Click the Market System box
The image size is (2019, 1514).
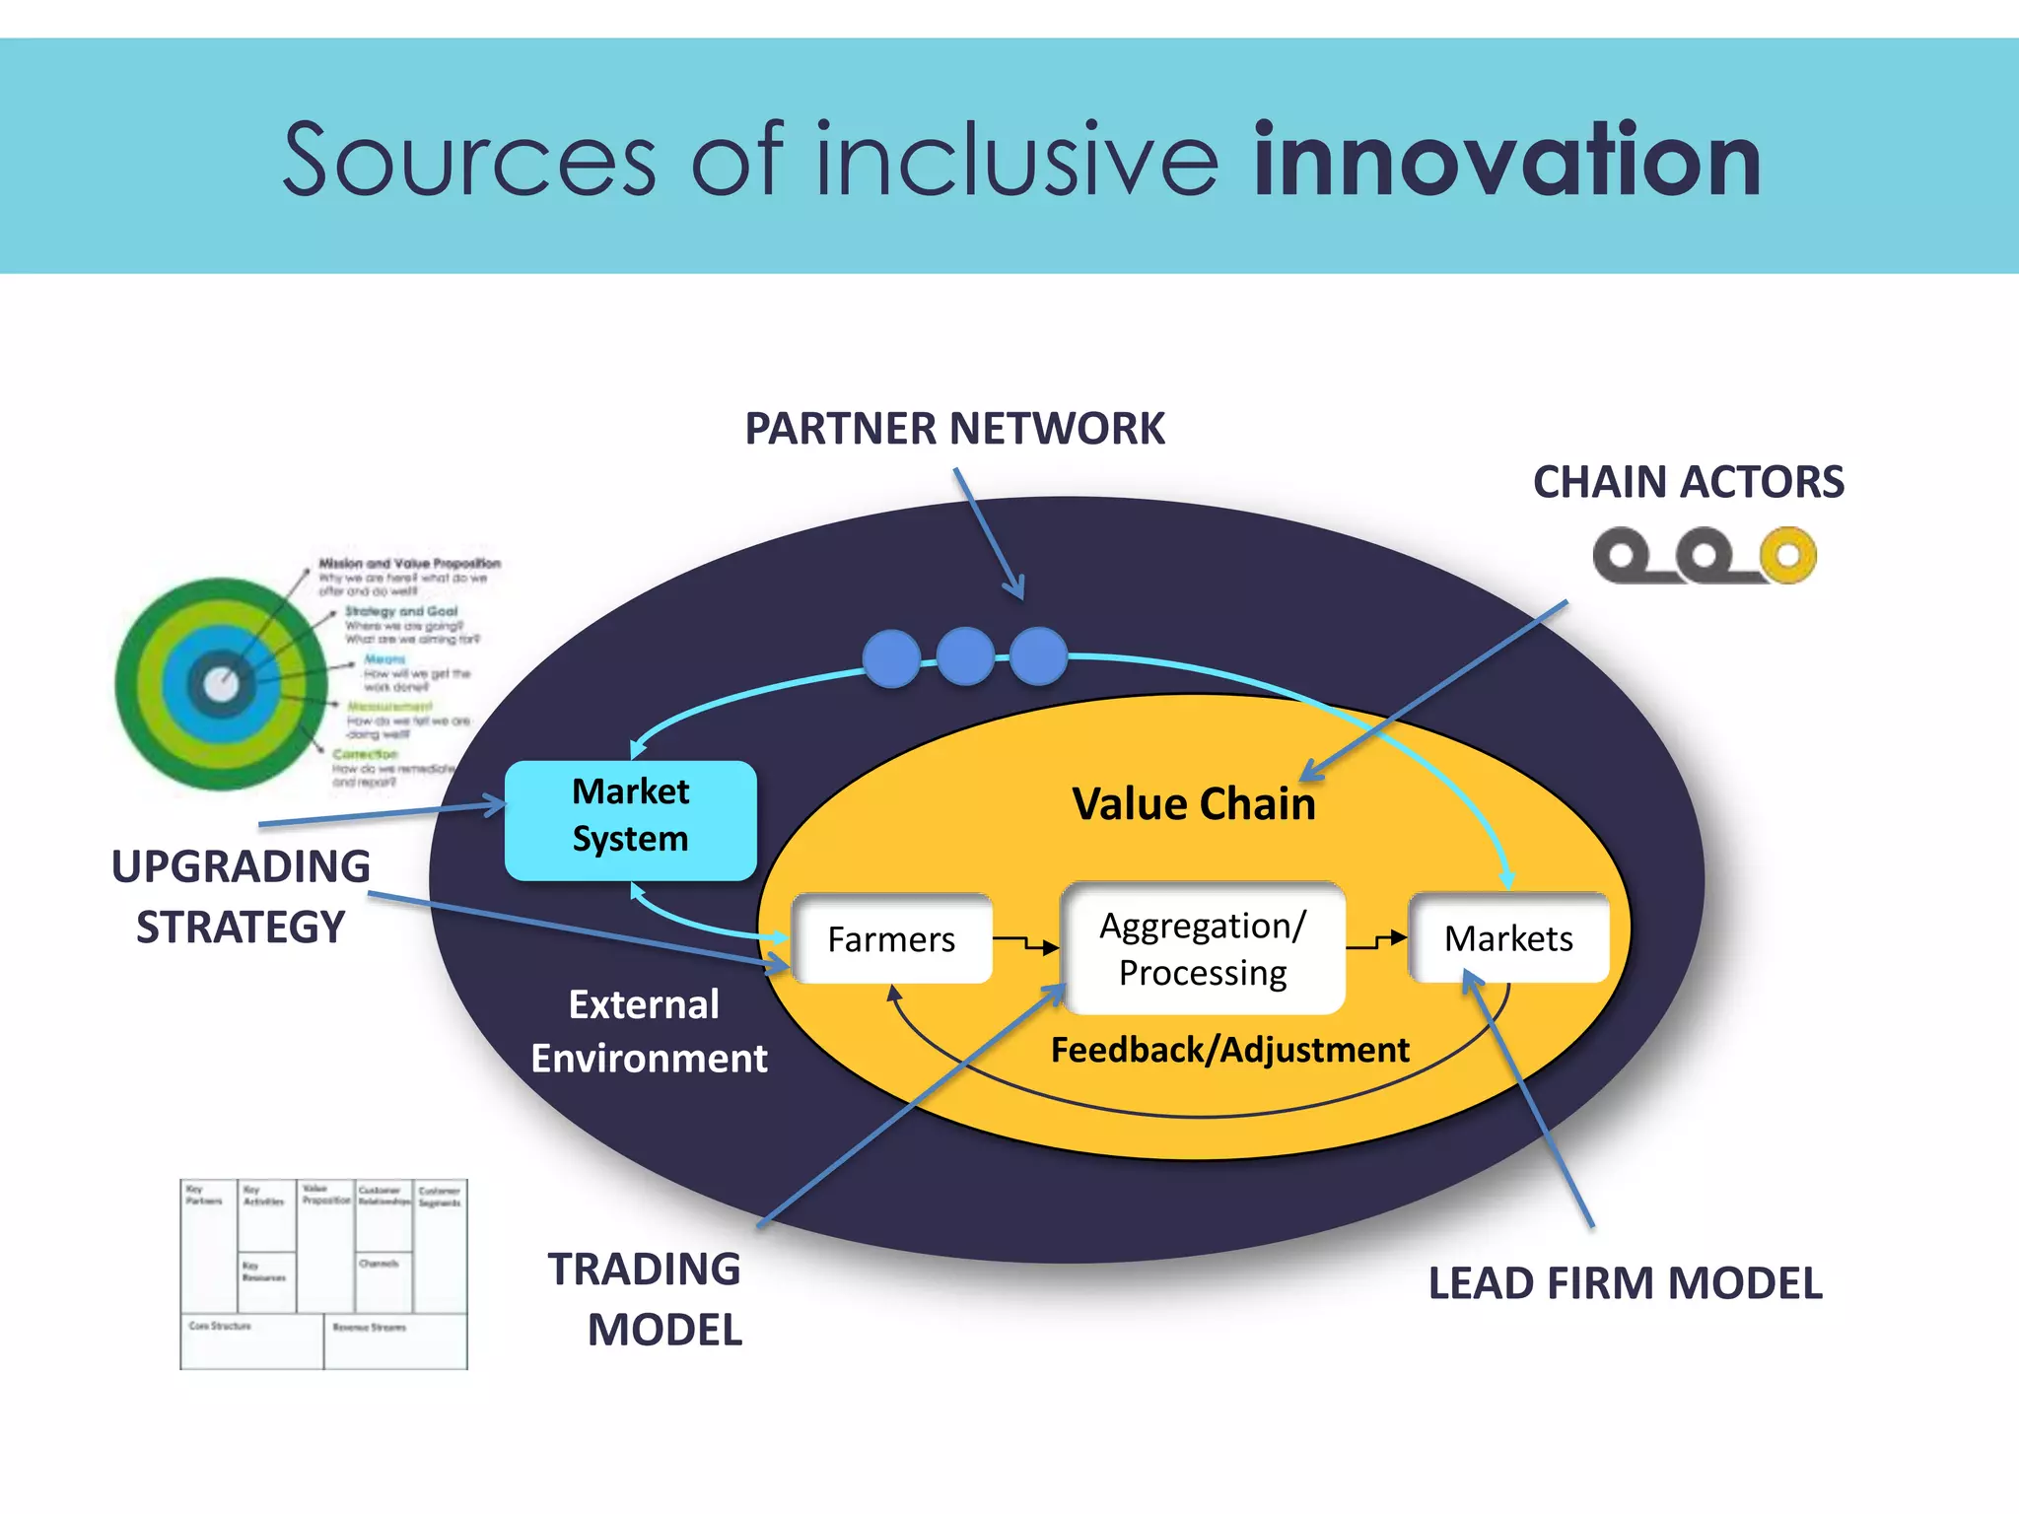[x=630, y=819]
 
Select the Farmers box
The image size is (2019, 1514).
[x=891, y=938]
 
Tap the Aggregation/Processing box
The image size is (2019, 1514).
[x=1203, y=948]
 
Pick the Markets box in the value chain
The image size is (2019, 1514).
[x=1508, y=937]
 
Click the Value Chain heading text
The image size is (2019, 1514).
[x=1193, y=803]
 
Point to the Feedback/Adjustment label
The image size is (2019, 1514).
[x=1229, y=1050]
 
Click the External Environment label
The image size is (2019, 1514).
[x=648, y=1031]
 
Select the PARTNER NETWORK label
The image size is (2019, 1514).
[x=954, y=429]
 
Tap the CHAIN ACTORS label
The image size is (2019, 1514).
[x=1688, y=482]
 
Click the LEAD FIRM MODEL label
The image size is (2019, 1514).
[x=1625, y=1283]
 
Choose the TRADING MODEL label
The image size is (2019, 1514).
[x=646, y=1299]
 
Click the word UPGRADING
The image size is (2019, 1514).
[x=241, y=866]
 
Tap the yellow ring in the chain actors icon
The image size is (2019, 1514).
[x=1787, y=556]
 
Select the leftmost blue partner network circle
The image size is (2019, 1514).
[x=891, y=657]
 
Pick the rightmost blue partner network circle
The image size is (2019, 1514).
[x=1038, y=656]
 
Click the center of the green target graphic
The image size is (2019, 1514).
[x=221, y=683]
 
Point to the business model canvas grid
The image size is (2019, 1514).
[x=323, y=1273]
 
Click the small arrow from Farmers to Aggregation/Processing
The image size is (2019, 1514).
[x=1026, y=943]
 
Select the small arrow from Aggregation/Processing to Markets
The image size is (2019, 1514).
[x=1376, y=940]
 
